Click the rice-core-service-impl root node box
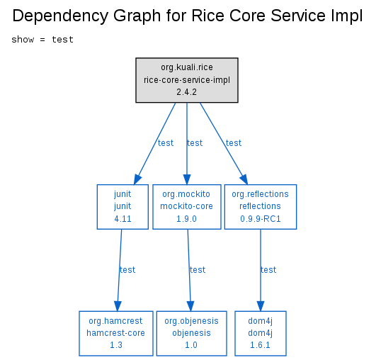coord(187,80)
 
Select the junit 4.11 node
coord(123,207)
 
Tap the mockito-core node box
coord(186,207)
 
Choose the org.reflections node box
coord(261,207)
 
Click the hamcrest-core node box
coord(116,333)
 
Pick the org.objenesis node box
coord(191,333)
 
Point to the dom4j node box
coord(261,333)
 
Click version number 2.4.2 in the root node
coord(186,92)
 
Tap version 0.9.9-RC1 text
coord(261,219)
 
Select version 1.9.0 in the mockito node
coord(186,219)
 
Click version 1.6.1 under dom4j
coord(260,345)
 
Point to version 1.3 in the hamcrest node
coord(116,345)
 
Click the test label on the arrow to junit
coord(166,143)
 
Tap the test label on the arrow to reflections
coord(234,143)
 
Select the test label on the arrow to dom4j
coord(268,270)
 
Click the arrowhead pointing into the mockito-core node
coord(187,179)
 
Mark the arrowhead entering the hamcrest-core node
coord(118,306)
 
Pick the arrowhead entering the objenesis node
coord(190,306)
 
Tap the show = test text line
coord(42,40)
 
